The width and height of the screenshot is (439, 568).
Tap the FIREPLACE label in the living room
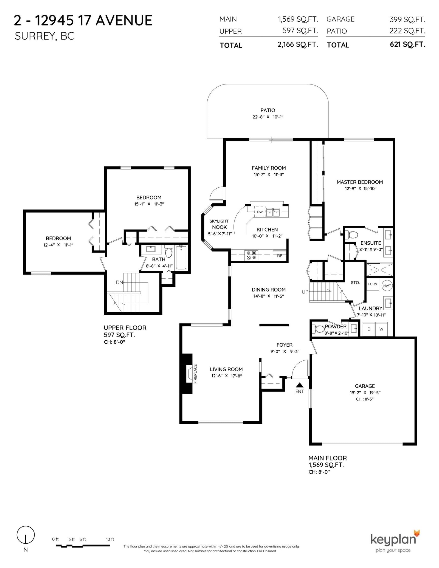click(x=196, y=374)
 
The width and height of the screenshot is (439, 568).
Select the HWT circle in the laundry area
click(x=387, y=286)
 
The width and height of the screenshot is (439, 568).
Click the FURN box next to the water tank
click(x=373, y=284)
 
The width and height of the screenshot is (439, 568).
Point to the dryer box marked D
click(x=369, y=329)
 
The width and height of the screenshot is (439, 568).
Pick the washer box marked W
click(x=381, y=329)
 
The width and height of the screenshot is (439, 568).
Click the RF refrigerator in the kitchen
click(x=280, y=256)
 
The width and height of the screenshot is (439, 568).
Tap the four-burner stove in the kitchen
click(x=251, y=255)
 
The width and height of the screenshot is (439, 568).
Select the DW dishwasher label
click(x=260, y=212)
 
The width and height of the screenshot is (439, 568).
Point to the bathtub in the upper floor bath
click(x=181, y=258)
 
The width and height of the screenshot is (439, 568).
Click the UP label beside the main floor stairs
click(x=305, y=292)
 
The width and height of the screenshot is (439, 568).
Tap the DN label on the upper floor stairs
click(x=119, y=282)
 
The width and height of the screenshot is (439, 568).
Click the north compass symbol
click(x=26, y=535)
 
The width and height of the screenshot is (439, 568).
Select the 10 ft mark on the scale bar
click(x=110, y=539)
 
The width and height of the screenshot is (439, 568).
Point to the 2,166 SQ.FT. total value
click(x=298, y=44)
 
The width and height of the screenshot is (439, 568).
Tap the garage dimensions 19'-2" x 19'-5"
click(x=365, y=392)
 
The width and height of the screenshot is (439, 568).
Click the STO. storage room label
click(x=355, y=282)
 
